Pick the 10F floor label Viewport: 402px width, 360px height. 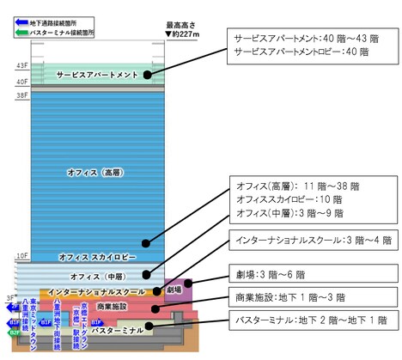tap(21, 255)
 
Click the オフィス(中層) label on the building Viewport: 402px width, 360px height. tap(95, 275)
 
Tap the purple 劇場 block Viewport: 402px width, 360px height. tap(176, 290)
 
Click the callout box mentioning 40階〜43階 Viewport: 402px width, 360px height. tap(308, 45)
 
